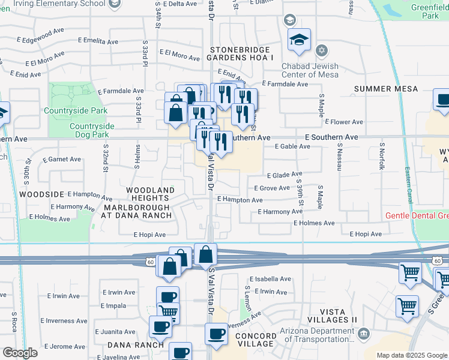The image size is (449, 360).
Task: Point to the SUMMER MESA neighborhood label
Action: (386, 89)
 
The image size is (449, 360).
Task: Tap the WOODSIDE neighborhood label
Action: (41, 194)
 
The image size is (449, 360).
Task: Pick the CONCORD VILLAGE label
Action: (255, 339)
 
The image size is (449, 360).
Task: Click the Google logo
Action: (20, 353)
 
